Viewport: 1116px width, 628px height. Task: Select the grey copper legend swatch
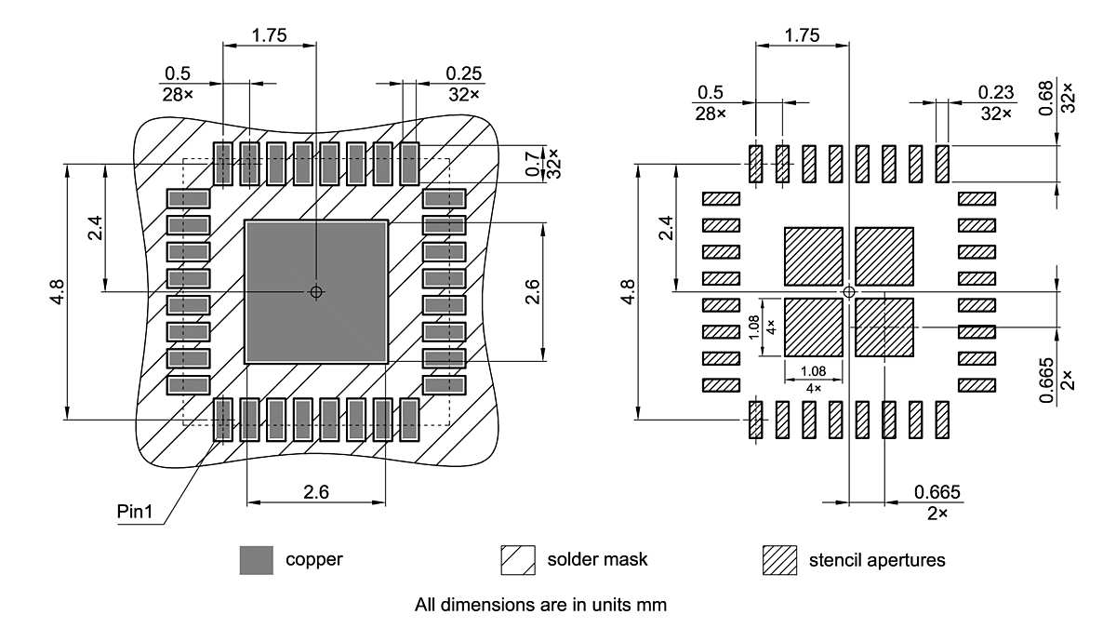click(256, 560)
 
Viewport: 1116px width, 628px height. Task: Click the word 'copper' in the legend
click(313, 560)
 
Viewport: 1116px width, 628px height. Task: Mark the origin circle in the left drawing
click(316, 291)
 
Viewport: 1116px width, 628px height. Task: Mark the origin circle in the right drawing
click(848, 292)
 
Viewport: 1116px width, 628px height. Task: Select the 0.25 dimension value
click(463, 73)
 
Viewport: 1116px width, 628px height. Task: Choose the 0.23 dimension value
click(995, 92)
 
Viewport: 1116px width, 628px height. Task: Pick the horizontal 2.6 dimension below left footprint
click(316, 492)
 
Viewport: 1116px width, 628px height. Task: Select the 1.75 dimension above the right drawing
click(802, 36)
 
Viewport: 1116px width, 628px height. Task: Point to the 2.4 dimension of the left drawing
click(96, 228)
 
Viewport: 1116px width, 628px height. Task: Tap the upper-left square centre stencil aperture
click(814, 256)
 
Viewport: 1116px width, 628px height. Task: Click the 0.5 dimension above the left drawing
click(178, 73)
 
